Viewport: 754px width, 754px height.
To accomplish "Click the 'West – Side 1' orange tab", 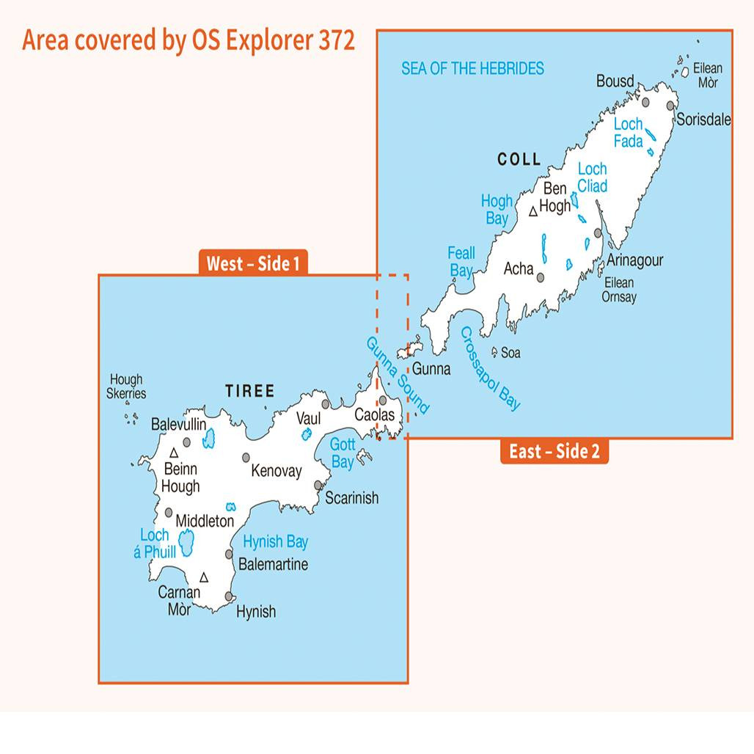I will (x=252, y=263).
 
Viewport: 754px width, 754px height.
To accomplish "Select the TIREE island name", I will (x=249, y=392).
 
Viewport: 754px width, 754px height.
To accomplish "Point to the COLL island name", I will (x=519, y=159).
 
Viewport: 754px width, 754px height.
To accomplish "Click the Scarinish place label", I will (x=351, y=498).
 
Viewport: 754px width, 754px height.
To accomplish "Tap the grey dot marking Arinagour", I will (x=598, y=233).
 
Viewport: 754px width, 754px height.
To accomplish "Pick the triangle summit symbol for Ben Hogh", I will (x=533, y=212).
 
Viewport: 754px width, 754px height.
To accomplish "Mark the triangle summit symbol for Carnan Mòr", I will (x=204, y=578).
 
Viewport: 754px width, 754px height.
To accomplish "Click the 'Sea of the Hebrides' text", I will (x=472, y=69).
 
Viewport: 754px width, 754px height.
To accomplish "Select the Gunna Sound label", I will (x=397, y=376).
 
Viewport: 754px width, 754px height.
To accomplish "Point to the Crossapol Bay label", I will (x=490, y=368).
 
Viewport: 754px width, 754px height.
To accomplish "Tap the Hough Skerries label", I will (x=127, y=387).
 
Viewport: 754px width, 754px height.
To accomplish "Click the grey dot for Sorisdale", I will (x=670, y=106).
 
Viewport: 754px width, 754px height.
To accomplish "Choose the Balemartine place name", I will (x=273, y=564).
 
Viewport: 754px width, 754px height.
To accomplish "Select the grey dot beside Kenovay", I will (x=246, y=458).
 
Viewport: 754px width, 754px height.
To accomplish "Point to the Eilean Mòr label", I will (x=707, y=76).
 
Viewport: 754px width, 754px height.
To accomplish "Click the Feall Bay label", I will (x=461, y=262).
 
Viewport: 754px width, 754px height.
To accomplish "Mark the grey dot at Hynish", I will (x=230, y=596).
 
